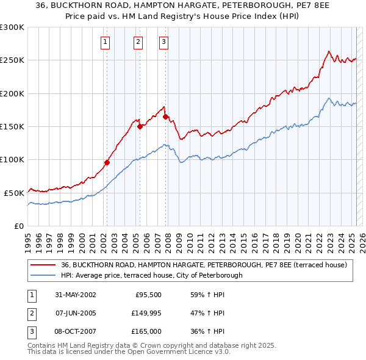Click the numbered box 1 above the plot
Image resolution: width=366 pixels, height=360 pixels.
click(106, 42)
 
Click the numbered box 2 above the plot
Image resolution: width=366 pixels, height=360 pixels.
click(138, 42)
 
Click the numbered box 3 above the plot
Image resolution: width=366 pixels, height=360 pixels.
click(164, 42)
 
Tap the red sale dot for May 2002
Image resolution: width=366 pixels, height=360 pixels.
click(107, 162)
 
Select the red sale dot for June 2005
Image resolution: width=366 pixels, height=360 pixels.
click(140, 126)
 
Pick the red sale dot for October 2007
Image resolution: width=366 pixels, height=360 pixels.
click(165, 117)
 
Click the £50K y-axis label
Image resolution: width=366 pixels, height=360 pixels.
click(13, 193)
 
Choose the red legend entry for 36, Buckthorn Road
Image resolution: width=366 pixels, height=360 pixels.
click(204, 265)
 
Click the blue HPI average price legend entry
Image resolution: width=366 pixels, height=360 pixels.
click(151, 275)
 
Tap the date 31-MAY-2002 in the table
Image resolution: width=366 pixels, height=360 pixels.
click(75, 295)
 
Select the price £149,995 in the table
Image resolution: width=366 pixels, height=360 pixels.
click(145, 313)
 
